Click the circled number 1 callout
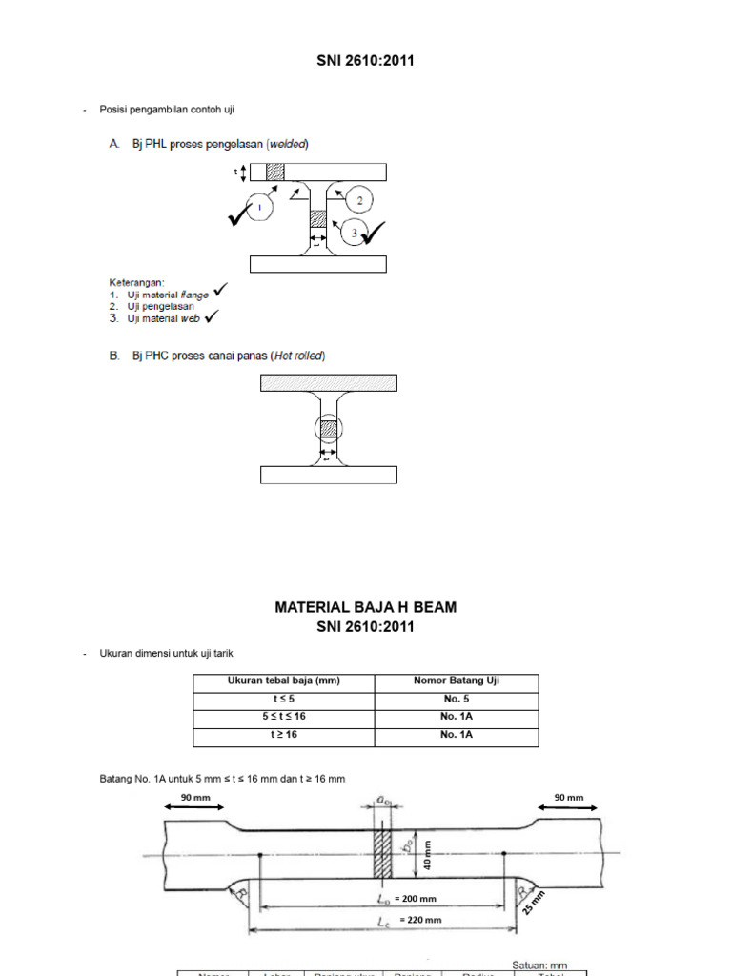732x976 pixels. click(258, 206)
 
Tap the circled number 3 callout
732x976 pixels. click(355, 233)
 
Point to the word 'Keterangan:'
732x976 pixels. click(135, 282)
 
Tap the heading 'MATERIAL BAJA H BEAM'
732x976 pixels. click(366, 607)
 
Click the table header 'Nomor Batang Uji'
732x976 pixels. click(457, 681)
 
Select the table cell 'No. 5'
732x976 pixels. click(457, 699)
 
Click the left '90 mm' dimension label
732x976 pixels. click(194, 798)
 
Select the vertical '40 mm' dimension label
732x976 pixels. click(428, 855)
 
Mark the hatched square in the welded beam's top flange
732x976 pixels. click(274, 172)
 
